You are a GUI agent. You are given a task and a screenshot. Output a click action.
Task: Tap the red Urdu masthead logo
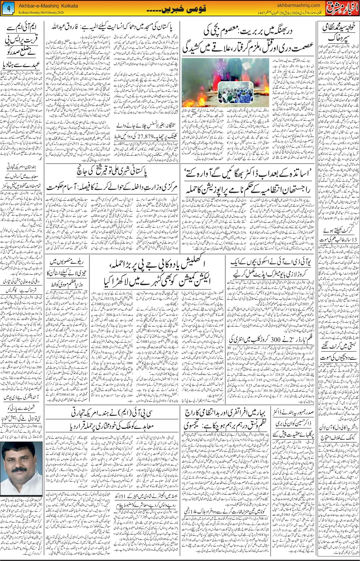[x=342, y=8]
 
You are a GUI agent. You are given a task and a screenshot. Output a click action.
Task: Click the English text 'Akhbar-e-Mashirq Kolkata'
[x=48, y=6]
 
